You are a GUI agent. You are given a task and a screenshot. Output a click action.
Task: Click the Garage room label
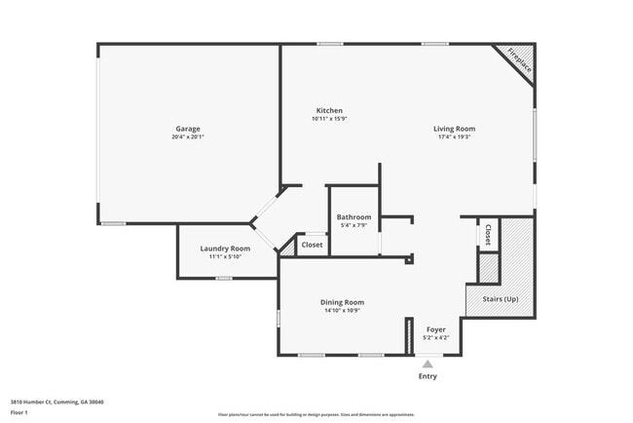[x=189, y=129]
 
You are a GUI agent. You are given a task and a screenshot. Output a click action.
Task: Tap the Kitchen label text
[x=329, y=110]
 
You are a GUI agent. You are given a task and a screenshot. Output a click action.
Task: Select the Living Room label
[x=454, y=129]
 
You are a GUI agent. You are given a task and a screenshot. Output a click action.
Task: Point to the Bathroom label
[x=354, y=216]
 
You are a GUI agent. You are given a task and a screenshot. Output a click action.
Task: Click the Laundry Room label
[x=226, y=249]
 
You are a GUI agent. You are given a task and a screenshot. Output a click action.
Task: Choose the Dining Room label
[x=342, y=302]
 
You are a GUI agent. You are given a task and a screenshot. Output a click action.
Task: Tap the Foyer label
[x=436, y=329]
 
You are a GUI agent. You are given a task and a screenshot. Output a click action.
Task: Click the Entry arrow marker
[x=428, y=364]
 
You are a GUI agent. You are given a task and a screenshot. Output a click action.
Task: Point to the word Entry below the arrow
[x=428, y=376]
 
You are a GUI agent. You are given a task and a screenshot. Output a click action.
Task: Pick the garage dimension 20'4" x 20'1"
[x=189, y=137]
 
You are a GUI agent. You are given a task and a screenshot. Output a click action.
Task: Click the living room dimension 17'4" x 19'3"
[x=454, y=137]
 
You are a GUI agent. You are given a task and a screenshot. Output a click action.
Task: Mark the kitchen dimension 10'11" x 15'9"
[x=329, y=119]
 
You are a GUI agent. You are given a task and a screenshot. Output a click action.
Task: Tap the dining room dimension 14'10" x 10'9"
[x=342, y=311]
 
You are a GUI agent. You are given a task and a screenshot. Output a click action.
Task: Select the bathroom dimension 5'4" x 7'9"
[x=354, y=225]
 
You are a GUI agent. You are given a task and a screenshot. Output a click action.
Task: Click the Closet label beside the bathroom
[x=312, y=245]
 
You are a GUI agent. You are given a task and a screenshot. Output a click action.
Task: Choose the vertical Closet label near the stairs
[x=488, y=235]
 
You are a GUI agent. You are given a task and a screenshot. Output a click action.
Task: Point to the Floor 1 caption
[x=19, y=412]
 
